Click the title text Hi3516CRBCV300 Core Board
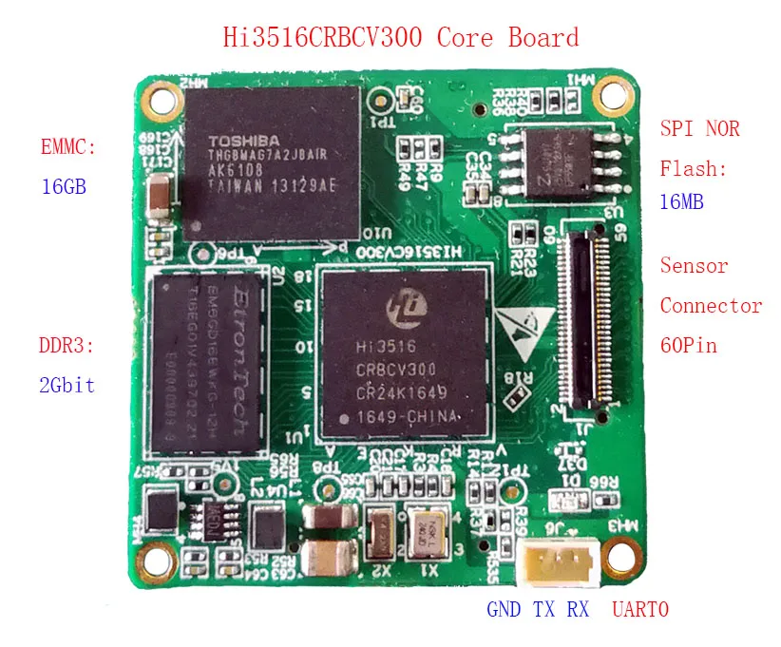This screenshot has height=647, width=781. click(400, 38)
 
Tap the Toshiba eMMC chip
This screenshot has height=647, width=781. click(274, 161)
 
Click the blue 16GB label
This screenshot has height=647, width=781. click(64, 186)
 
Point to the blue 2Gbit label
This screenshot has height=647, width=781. click(67, 386)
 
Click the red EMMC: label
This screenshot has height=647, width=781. click(68, 148)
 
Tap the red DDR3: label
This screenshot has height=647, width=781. click(66, 347)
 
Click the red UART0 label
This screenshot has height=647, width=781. click(640, 610)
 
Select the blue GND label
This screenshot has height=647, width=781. click(504, 610)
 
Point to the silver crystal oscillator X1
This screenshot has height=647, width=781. click(423, 534)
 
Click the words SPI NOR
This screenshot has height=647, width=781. click(700, 129)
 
